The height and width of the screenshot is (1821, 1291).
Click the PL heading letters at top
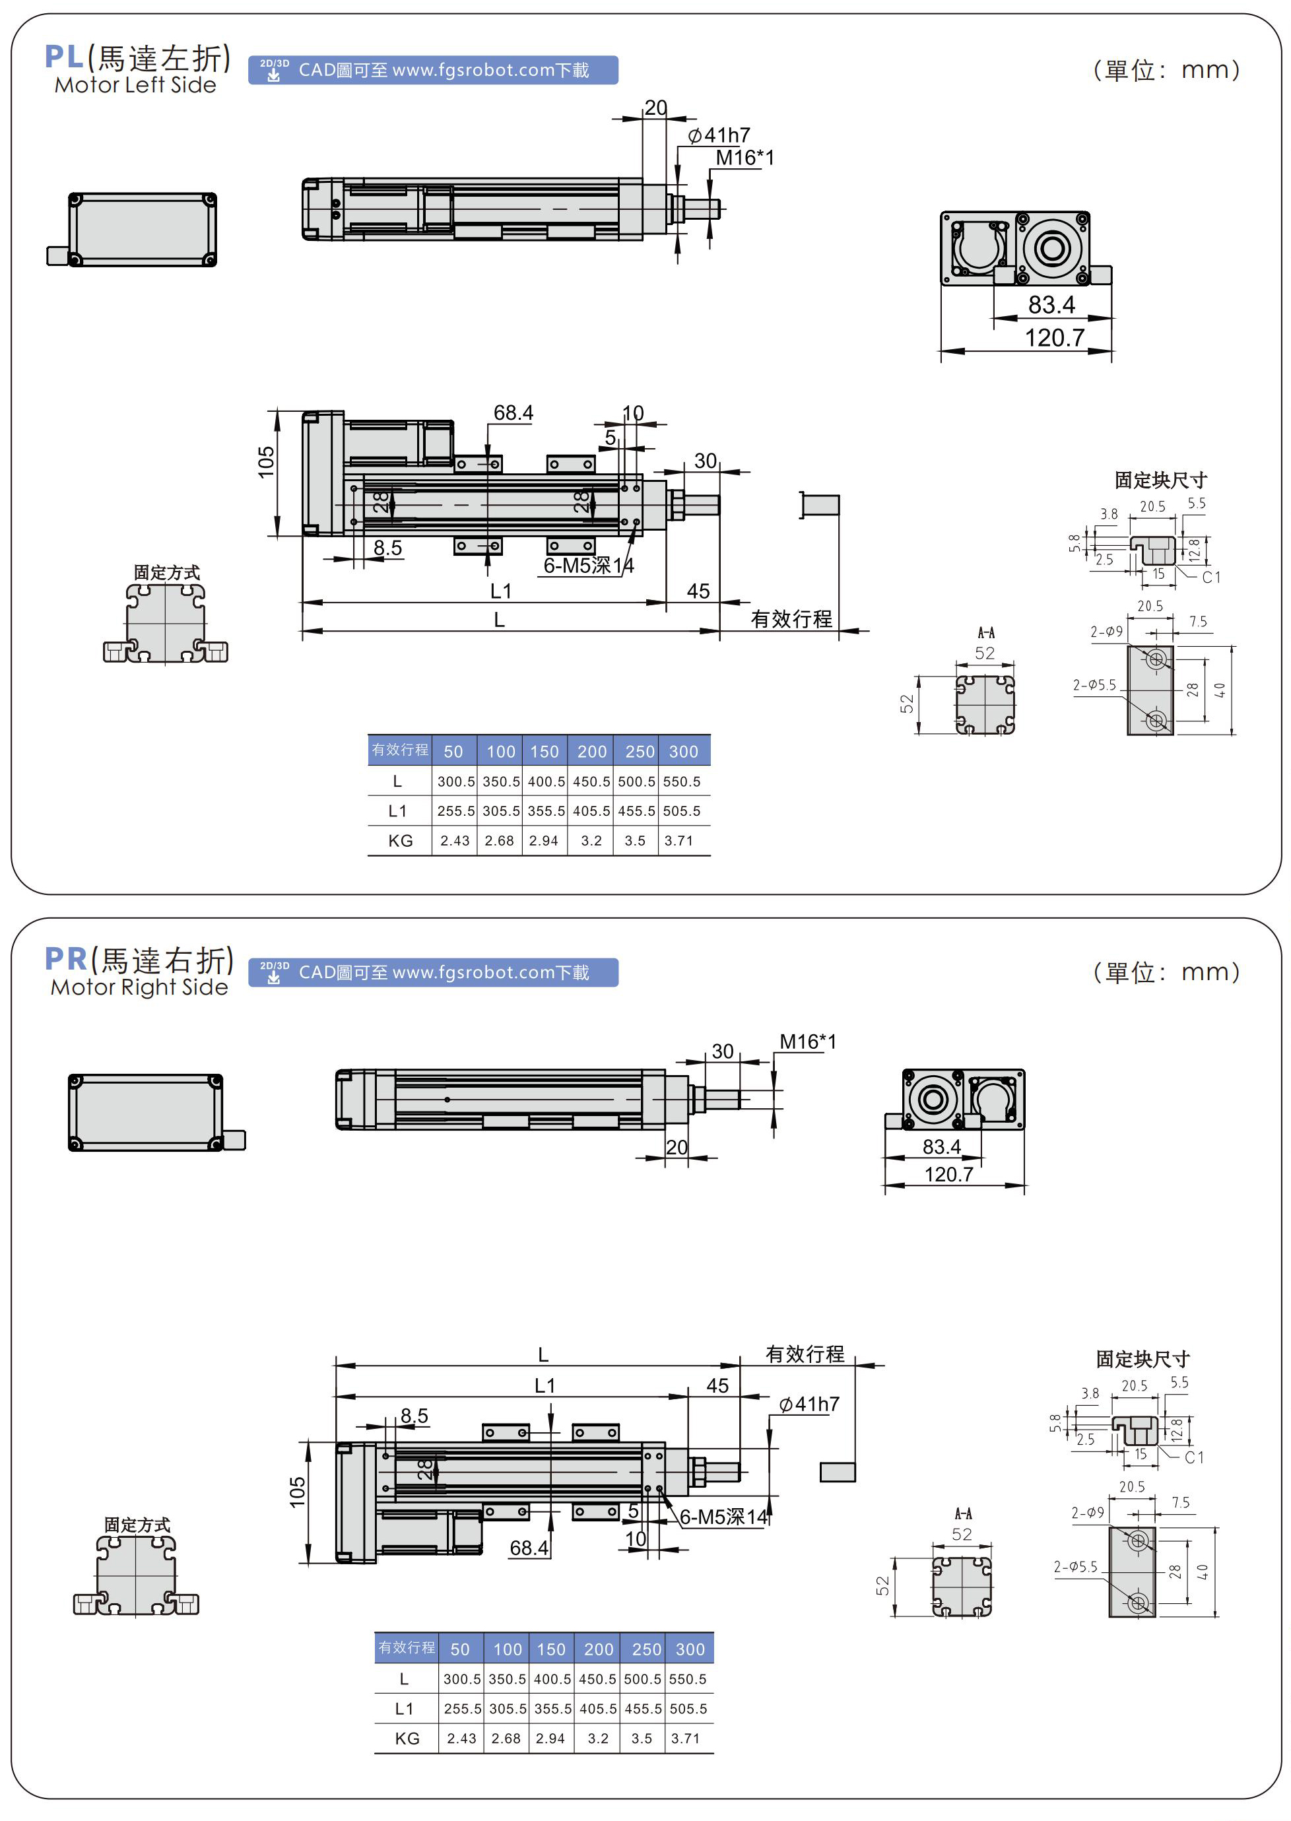coord(63,57)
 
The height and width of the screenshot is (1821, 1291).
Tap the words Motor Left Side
coord(135,85)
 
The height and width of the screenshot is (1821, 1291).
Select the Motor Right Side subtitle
coord(139,987)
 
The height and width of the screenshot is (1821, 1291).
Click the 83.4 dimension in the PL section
coord(1051,304)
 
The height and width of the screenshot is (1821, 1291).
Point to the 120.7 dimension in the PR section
coord(948,1174)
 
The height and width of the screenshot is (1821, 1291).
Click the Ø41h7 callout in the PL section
coord(719,136)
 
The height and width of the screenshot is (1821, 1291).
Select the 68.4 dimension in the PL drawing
coord(513,413)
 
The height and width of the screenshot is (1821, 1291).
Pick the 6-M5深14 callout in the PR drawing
coord(723,1517)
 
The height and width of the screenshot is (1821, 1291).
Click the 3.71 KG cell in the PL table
coord(679,840)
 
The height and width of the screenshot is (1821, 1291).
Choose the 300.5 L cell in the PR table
coord(462,1678)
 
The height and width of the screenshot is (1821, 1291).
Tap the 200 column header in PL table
coord(591,751)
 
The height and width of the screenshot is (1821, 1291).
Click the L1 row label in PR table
coord(404,1708)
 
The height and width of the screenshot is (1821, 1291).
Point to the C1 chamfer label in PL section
coord(1210,577)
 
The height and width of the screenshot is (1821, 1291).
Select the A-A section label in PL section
coord(985,633)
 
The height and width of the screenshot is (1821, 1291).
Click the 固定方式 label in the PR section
coord(137,1525)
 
